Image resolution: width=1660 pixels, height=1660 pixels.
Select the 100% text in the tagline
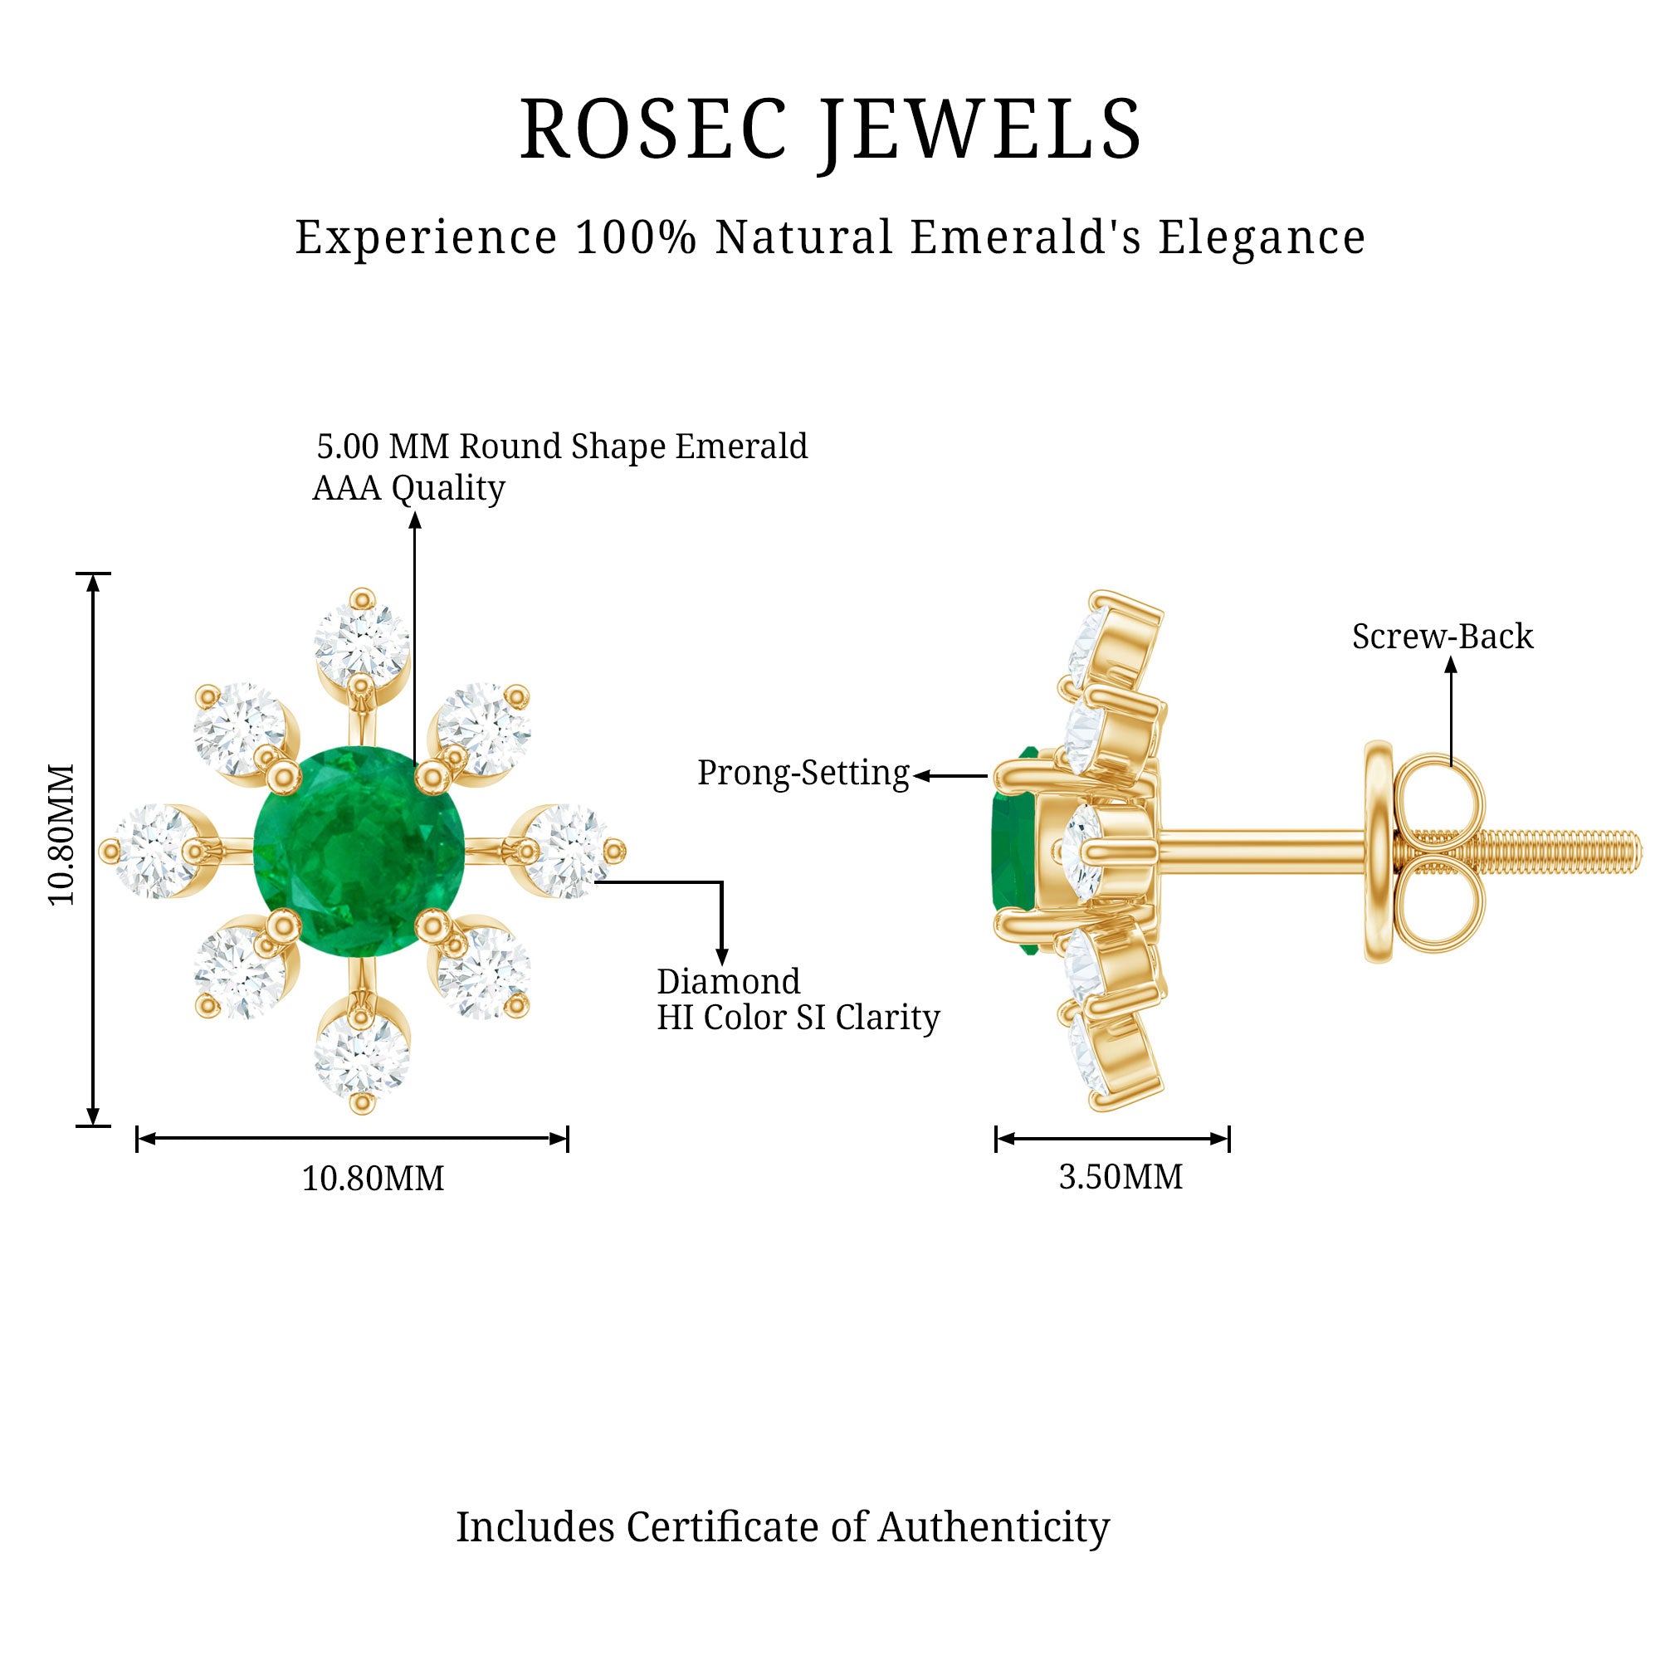point(635,237)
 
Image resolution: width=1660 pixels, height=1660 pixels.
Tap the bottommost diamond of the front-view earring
point(362,1059)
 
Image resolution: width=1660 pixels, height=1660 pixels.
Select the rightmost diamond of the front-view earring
point(567,852)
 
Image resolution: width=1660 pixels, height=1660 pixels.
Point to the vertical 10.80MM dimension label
point(62,834)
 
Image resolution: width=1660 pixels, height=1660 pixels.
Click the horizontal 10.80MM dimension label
point(373,1178)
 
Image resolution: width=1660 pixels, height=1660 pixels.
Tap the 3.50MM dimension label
point(1120,1176)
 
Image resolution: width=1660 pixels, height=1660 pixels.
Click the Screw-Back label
point(1443,637)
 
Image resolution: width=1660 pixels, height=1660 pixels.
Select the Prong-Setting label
point(803,773)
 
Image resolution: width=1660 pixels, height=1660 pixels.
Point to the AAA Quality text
point(409,488)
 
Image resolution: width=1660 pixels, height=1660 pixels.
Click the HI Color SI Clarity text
point(798,1018)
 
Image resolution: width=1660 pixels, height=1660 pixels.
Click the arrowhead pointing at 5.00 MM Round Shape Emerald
point(415,519)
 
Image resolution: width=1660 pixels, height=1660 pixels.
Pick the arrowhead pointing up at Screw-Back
point(1451,664)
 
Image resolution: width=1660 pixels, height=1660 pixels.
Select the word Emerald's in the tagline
point(1027,237)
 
